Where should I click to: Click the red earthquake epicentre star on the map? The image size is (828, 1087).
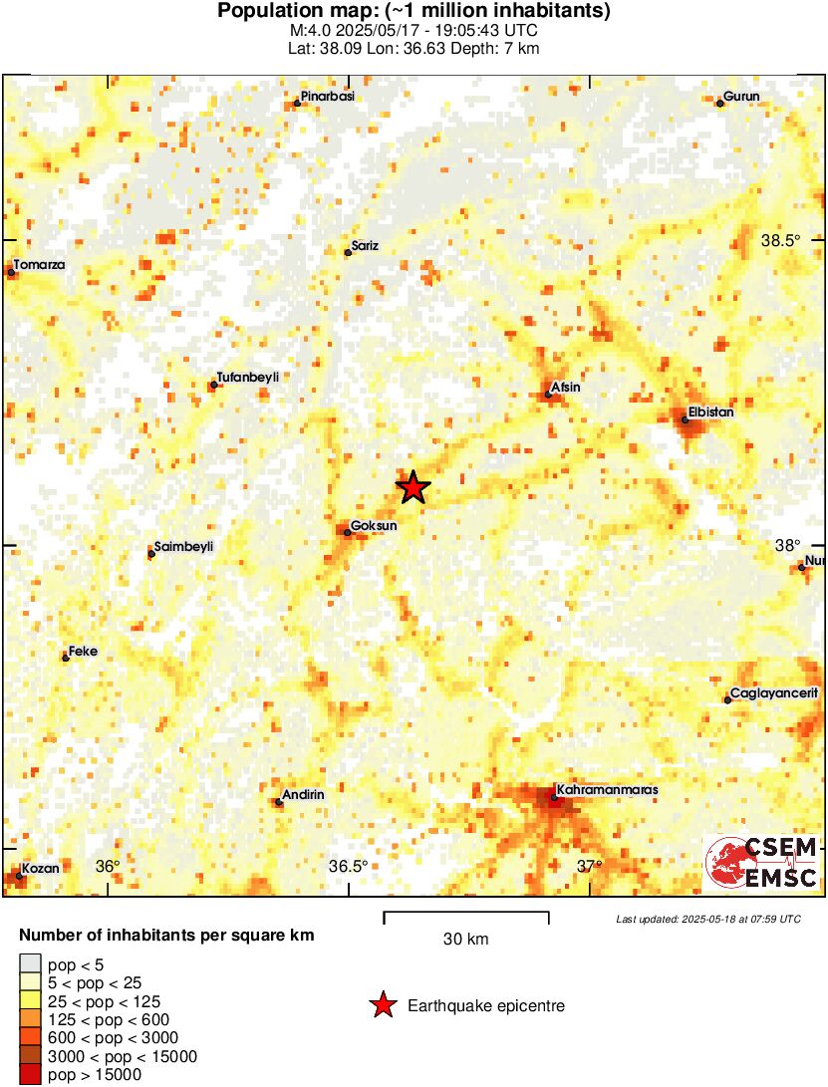413,487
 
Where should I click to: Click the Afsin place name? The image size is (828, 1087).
564,388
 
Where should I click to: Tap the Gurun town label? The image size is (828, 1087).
742,97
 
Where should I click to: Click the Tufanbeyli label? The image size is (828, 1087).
247,378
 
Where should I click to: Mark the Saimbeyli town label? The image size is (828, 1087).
184,547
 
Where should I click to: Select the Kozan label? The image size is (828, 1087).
41,868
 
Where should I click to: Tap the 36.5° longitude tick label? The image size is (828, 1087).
349,866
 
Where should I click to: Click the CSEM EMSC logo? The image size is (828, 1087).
762,862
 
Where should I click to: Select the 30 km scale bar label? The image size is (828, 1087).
465,940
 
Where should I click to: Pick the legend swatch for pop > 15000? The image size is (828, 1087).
30,1074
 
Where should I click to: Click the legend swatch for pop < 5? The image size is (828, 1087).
30,962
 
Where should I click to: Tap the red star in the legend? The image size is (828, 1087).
382,1006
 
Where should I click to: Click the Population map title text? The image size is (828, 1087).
414,12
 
